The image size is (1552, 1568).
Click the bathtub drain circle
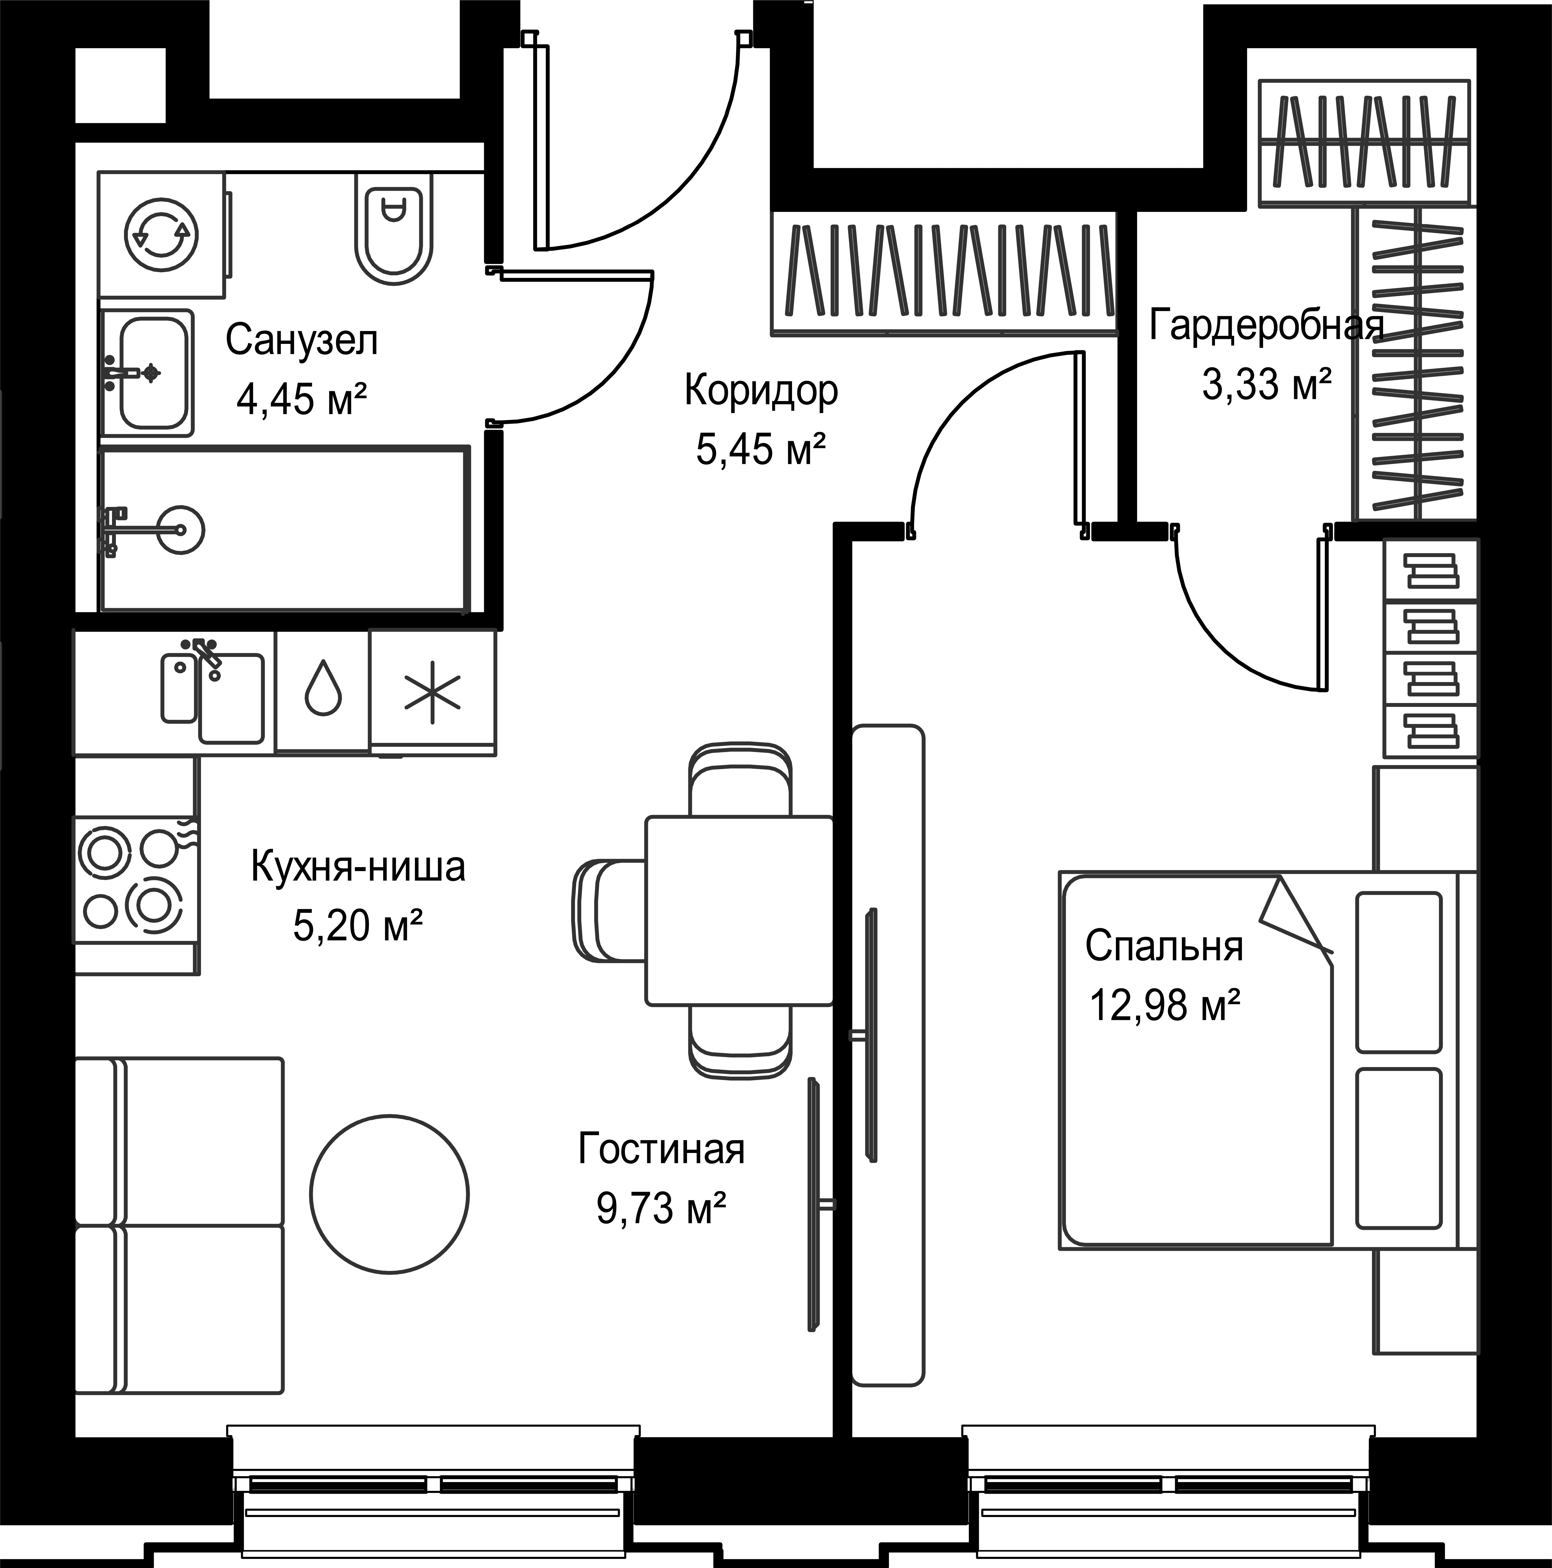coord(181,530)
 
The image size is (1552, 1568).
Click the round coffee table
coord(389,1193)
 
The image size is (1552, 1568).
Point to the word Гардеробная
coord(1266,326)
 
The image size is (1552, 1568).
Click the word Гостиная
coord(661,1150)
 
